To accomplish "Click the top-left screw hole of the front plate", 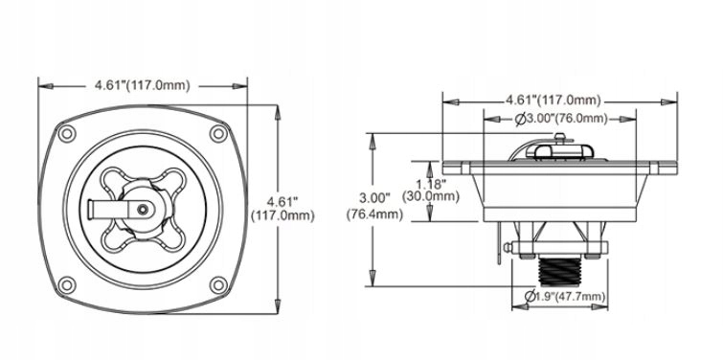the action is (x=67, y=134).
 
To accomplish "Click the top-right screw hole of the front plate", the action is (x=218, y=134).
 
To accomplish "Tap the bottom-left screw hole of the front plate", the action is (x=67, y=285).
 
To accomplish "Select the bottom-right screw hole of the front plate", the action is (x=218, y=285).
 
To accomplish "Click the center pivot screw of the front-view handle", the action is (x=143, y=210).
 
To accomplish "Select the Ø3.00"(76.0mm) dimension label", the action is (x=561, y=119).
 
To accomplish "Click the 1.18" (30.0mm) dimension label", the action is (x=431, y=191).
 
